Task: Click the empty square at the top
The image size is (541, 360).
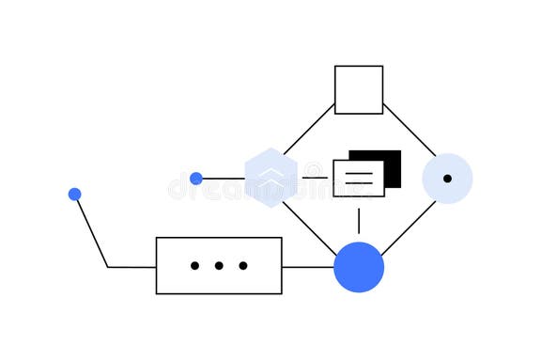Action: pos(359,89)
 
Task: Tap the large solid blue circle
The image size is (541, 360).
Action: pos(359,267)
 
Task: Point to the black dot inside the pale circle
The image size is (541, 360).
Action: pos(447,178)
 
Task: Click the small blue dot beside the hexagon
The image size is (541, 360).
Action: pos(196,179)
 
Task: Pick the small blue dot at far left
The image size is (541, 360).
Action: pos(75,195)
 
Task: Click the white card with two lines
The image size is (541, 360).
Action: pos(358,178)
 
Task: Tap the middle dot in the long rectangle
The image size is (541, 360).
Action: pos(219,265)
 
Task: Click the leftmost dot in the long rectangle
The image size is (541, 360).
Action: pos(194,265)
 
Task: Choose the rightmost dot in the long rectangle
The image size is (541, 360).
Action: pos(243,265)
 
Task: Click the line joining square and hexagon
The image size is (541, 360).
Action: pos(309,129)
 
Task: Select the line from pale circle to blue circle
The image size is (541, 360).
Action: pos(409,227)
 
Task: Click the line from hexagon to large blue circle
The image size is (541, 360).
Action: pos(309,227)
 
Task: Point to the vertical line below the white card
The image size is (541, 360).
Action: pos(359,220)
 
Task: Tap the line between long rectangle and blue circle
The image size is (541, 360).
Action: pos(307,267)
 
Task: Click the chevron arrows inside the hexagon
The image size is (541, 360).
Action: pos(271,174)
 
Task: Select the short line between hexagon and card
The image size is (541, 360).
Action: pos(316,178)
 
